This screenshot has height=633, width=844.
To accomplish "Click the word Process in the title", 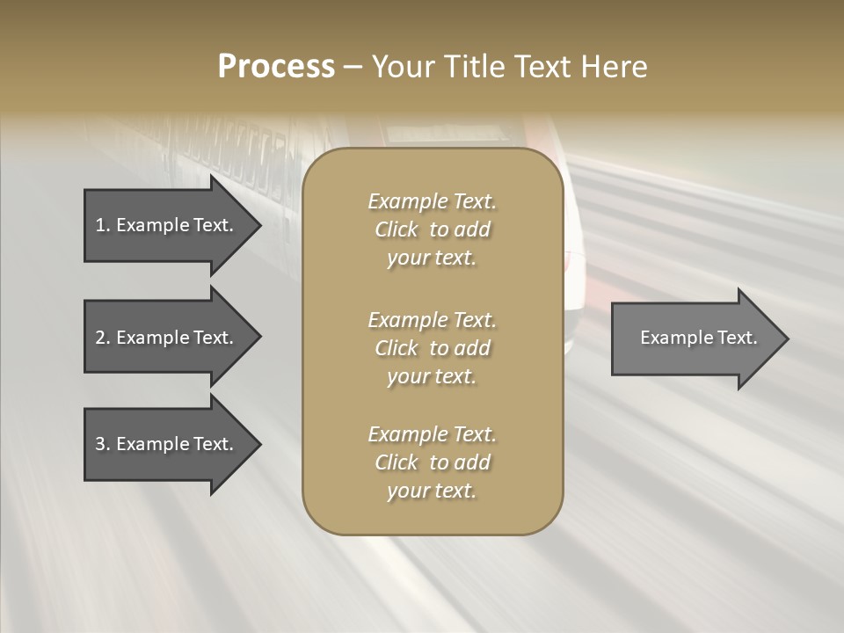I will click(276, 67).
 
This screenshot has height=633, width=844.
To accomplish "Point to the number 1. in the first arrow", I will click(102, 225).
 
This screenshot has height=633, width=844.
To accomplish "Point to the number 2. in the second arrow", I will click(102, 338).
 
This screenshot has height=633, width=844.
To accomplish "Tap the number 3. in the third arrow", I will click(102, 444).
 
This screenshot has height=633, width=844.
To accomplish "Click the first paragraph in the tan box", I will click(432, 229).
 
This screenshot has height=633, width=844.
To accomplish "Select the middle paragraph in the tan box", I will click(432, 348).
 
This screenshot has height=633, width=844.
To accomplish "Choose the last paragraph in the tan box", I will click(432, 462).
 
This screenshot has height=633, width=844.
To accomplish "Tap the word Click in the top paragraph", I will click(397, 229).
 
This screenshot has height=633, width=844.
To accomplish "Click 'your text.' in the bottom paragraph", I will click(432, 491).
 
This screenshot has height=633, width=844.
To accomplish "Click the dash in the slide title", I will click(353, 67).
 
